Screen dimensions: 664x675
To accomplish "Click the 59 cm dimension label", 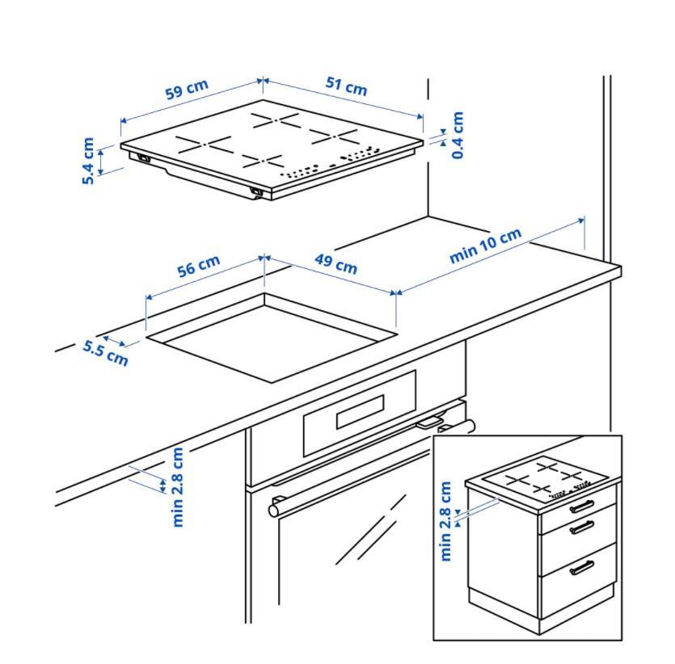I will [187, 89].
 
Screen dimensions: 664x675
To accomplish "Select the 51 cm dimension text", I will [346, 86].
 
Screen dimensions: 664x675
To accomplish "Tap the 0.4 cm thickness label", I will [458, 135].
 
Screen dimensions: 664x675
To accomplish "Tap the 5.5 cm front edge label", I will [106, 352].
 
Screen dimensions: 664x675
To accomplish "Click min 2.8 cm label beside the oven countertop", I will [179, 486].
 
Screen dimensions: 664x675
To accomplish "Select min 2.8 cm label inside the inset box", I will [445, 521].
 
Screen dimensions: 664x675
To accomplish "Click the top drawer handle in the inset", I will [582, 506].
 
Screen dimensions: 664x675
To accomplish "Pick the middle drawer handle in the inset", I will [582, 528].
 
